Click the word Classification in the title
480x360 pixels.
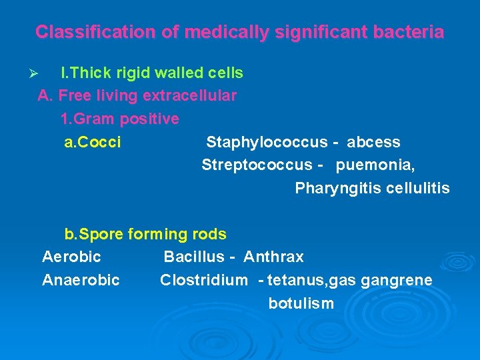coord(81,31)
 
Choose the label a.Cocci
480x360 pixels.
coord(92,142)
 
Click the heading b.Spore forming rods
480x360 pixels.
coord(145,234)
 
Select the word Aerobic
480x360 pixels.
coord(71,257)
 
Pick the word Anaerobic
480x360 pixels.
coord(81,280)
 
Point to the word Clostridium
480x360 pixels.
coord(203,280)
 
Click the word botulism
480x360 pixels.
coord(301,303)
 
